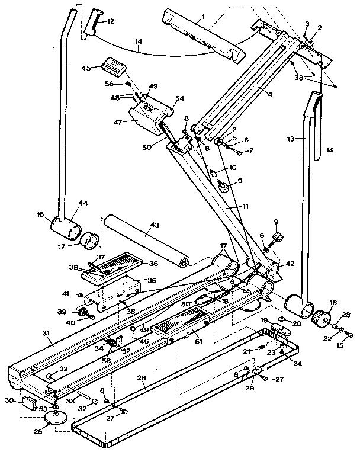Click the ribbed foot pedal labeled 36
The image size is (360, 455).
pyautogui.click(x=113, y=267)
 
